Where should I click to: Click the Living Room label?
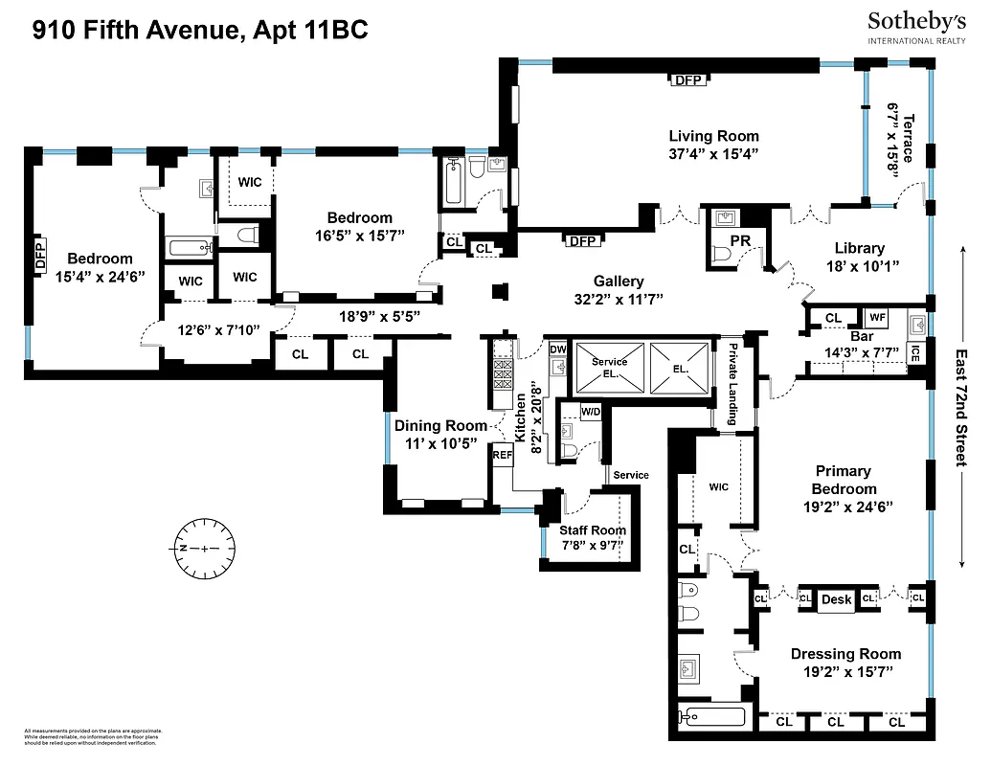(x=713, y=136)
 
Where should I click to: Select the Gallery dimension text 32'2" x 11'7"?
(x=618, y=299)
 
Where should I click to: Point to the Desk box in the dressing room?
(x=836, y=599)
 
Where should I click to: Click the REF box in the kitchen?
(x=503, y=456)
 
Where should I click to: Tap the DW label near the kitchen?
(x=558, y=349)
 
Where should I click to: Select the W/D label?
(x=591, y=413)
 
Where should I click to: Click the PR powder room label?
(x=739, y=239)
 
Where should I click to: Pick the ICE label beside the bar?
(x=915, y=352)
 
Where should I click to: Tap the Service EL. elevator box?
(x=608, y=367)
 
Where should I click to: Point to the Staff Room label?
(x=594, y=529)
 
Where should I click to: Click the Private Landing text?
(x=732, y=384)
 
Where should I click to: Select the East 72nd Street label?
(x=962, y=406)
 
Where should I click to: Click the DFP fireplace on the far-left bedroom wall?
(x=40, y=256)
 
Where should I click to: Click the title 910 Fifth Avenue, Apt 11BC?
(x=200, y=31)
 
